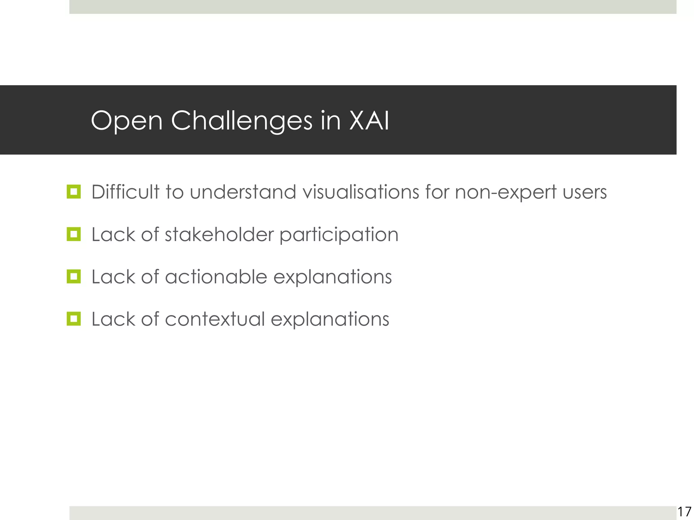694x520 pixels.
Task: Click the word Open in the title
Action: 127,121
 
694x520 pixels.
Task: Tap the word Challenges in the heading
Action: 242,121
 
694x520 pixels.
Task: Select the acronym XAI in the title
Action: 369,121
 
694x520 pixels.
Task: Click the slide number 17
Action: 684,512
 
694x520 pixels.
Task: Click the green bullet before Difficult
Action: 74,192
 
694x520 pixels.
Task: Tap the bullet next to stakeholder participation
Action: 74,234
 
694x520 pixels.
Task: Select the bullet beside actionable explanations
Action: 74,277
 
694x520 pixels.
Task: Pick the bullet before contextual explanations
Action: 74,319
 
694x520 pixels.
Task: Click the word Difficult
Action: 125,192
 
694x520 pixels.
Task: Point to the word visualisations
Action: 361,192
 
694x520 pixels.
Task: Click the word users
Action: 585,193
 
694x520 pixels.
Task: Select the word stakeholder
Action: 219,234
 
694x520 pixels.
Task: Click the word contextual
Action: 215,319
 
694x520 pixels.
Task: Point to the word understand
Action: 243,192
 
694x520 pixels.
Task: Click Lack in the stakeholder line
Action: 114,234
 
